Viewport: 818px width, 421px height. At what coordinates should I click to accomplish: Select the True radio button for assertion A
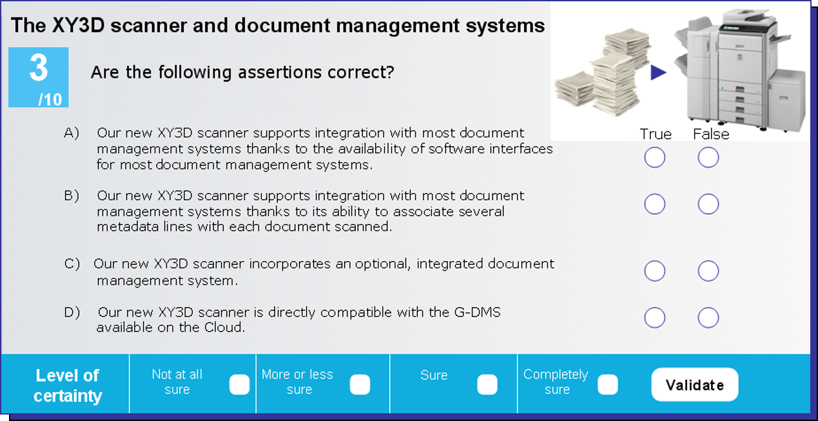(x=654, y=157)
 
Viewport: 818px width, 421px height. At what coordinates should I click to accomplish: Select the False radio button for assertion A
(x=708, y=157)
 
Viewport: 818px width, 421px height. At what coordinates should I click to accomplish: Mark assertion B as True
(x=654, y=204)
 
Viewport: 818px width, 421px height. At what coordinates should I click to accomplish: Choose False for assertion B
(x=708, y=204)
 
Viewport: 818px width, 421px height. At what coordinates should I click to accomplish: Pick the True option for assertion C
(x=654, y=271)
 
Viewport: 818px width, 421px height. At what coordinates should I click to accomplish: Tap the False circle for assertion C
(x=708, y=271)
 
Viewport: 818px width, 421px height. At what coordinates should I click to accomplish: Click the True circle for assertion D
(x=654, y=317)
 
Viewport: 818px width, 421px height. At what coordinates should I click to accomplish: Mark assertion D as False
(x=708, y=317)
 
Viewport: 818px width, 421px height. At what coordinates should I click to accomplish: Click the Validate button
(x=695, y=384)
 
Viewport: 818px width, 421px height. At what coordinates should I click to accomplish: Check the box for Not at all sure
(x=239, y=384)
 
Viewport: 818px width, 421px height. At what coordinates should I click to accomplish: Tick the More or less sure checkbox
(x=360, y=384)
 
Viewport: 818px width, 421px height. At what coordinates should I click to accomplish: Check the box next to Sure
(x=487, y=384)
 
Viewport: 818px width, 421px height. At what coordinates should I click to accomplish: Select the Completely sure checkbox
(x=608, y=384)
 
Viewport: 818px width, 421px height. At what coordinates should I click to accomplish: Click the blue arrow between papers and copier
(x=657, y=72)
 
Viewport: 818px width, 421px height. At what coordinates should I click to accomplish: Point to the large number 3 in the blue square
(x=38, y=68)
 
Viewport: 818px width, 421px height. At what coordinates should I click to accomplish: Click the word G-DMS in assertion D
(x=477, y=312)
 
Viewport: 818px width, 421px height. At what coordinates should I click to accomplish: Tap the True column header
(x=656, y=135)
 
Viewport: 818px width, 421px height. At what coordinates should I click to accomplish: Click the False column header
(x=711, y=135)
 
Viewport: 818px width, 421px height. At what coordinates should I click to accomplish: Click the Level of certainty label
(x=68, y=386)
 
